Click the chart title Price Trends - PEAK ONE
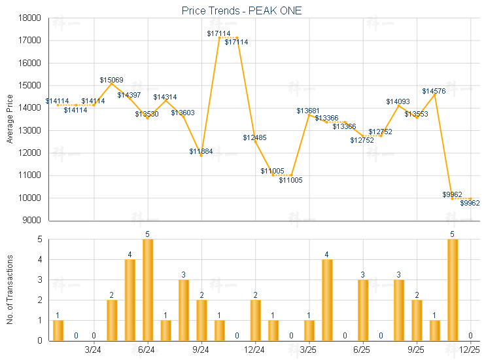241,11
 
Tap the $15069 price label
112,80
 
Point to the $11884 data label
201,152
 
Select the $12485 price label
255,137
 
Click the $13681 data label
309,111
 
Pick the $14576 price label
434,91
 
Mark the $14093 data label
398,101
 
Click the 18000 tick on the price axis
31,18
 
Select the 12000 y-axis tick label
31,153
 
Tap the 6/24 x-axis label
148,351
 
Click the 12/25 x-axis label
470,351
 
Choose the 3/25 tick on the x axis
309,351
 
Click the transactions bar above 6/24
148,290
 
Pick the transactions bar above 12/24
255,320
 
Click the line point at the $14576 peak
435,95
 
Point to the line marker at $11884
201,156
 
